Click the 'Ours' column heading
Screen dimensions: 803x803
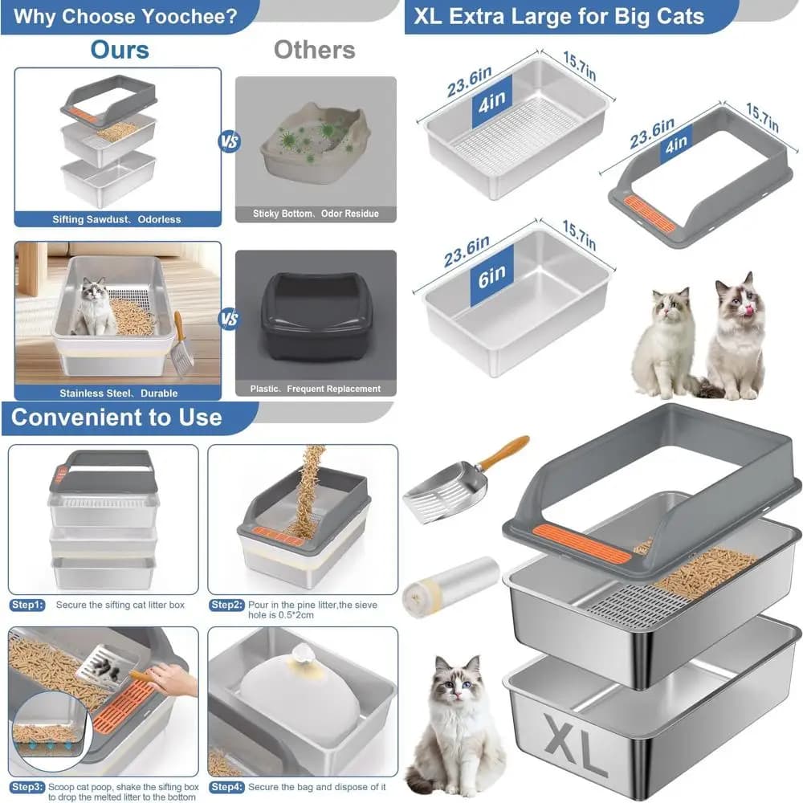120,50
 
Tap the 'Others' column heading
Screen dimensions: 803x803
315,50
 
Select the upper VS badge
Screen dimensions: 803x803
229,141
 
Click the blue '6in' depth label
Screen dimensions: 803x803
491,276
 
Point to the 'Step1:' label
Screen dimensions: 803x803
27,605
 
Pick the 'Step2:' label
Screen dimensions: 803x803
227,605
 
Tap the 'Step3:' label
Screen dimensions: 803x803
27,787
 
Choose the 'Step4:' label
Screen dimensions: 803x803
227,787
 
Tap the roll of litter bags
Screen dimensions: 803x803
450,587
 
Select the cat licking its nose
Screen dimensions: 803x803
735,336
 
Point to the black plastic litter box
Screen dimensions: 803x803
316,316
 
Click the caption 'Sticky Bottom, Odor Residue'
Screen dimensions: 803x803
316,214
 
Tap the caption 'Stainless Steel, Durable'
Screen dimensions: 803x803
118,393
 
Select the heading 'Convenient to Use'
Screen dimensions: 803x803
116,418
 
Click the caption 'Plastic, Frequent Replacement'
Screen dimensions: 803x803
316,389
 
